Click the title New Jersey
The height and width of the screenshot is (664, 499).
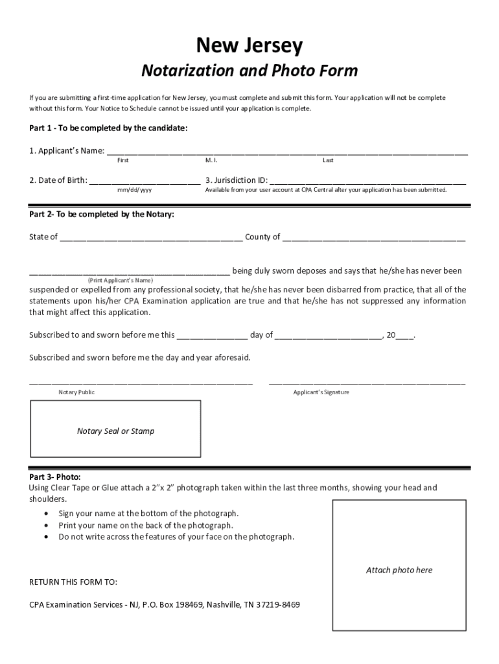pyautogui.click(x=250, y=46)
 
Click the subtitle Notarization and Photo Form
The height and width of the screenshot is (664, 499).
pyautogui.click(x=250, y=70)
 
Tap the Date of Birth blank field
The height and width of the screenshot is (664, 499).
pyautogui.click(x=145, y=182)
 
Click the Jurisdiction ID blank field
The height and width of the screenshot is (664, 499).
pyautogui.click(x=367, y=182)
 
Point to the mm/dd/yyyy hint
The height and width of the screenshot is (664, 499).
pyautogui.click(x=135, y=191)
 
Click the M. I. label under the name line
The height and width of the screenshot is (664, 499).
pyautogui.click(x=211, y=160)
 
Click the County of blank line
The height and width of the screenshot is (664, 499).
pyautogui.click(x=374, y=238)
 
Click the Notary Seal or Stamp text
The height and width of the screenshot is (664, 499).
pyautogui.click(x=115, y=431)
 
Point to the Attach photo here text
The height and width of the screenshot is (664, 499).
pyautogui.click(x=399, y=570)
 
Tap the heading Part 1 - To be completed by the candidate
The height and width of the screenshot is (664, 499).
pyautogui.click(x=108, y=128)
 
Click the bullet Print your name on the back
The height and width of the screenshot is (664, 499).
pyautogui.click(x=146, y=525)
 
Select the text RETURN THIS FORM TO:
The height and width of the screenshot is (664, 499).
pyautogui.click(x=73, y=582)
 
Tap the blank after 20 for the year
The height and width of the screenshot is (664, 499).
pyautogui.click(x=404, y=337)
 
